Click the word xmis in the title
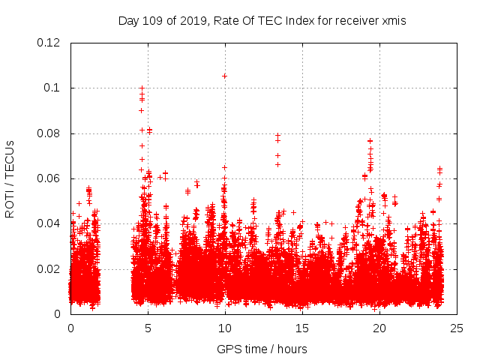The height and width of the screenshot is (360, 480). click(x=393, y=21)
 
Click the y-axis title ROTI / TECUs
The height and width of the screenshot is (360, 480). click(x=10, y=178)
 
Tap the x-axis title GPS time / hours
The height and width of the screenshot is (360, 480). click(x=262, y=349)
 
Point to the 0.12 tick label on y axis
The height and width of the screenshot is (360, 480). click(x=49, y=43)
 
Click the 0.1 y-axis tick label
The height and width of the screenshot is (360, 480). click(x=54, y=88)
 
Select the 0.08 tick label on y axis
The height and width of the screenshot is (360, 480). click(x=49, y=133)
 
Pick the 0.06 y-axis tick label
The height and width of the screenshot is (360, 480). click(x=49, y=178)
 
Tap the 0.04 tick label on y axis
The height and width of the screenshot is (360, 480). click(x=49, y=223)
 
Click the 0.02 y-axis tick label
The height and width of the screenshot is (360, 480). click(x=49, y=268)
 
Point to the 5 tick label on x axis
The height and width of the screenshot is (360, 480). click(x=148, y=328)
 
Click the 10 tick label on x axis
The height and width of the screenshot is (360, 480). click(x=225, y=328)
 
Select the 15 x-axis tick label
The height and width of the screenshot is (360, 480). click(x=302, y=328)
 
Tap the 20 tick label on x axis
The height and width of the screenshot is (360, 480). click(x=379, y=328)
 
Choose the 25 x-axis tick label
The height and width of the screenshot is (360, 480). click(x=457, y=328)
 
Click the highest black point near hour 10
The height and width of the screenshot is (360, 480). click(x=224, y=76)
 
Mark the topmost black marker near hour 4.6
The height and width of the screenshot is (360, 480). click(x=142, y=88)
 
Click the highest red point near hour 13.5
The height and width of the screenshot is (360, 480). click(x=278, y=136)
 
